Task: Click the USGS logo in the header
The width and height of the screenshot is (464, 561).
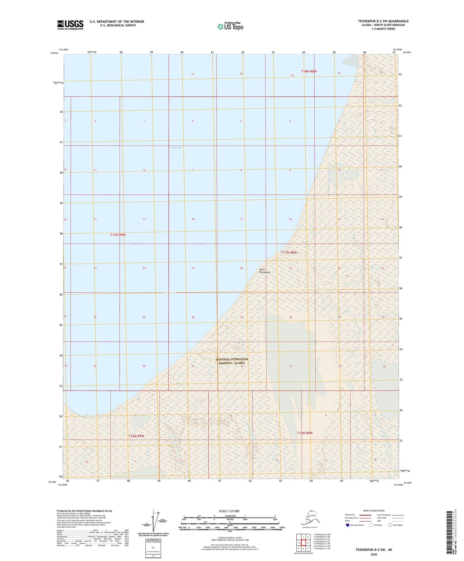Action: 70,25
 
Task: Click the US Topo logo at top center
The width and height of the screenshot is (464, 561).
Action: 230,26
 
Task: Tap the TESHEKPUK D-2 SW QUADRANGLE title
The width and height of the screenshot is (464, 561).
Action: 383,21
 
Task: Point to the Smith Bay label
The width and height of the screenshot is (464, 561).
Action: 175,147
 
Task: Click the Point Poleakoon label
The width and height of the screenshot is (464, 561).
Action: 265,271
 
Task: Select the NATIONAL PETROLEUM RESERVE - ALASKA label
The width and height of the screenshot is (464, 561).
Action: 232,361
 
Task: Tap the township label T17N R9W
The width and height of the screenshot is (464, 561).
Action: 118,235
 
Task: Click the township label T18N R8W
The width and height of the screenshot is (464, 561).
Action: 309,71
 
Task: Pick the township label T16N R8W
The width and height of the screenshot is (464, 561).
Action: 304,433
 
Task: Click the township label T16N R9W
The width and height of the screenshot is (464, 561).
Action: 136,436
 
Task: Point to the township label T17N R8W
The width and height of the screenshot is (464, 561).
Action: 289,253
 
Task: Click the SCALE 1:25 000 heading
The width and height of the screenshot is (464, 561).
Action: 229,511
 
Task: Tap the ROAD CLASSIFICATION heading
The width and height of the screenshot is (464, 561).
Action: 374,511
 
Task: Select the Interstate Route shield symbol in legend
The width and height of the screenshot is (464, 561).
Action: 348,525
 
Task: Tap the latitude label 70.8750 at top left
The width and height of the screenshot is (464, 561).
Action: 54,53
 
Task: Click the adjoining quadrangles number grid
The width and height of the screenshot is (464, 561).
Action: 303,543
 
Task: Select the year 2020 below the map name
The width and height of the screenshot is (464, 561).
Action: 373,554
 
